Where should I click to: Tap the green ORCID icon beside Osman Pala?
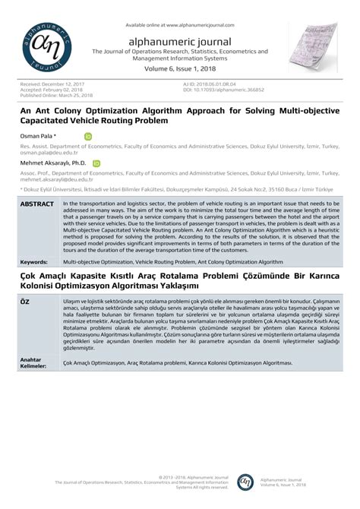88,137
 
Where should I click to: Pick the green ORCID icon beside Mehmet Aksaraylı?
96,163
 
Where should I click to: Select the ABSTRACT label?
36,205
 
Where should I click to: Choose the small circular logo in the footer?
245,482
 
